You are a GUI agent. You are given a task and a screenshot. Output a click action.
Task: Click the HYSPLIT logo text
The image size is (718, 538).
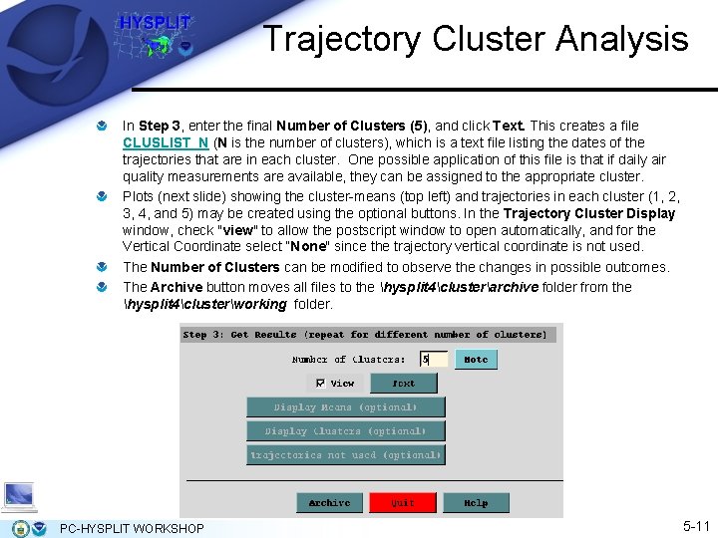tap(155, 22)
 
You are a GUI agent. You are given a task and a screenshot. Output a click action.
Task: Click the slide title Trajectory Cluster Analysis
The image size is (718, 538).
tap(475, 39)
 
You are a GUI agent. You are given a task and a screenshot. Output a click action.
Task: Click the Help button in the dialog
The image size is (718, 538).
tap(476, 503)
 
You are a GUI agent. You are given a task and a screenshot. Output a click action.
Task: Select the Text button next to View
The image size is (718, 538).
tap(403, 383)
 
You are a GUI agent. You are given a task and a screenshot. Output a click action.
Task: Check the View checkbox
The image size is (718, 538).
tap(320, 383)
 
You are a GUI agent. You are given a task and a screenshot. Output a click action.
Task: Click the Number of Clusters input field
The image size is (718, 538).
tap(433, 359)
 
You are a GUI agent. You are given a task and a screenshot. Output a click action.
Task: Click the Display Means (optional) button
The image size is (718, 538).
tap(345, 407)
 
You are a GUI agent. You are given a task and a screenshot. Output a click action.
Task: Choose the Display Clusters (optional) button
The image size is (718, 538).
tap(345, 431)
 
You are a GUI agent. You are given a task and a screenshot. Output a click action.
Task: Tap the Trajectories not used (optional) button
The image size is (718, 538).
tap(345, 455)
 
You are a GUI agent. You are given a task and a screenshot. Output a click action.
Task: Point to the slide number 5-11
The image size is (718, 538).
tap(695, 525)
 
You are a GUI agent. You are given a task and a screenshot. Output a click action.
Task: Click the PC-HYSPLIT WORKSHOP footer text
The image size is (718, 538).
tap(132, 528)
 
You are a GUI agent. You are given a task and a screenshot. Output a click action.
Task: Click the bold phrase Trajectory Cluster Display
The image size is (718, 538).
tap(589, 213)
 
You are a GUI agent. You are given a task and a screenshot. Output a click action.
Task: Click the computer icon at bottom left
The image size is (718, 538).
tap(19, 495)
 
